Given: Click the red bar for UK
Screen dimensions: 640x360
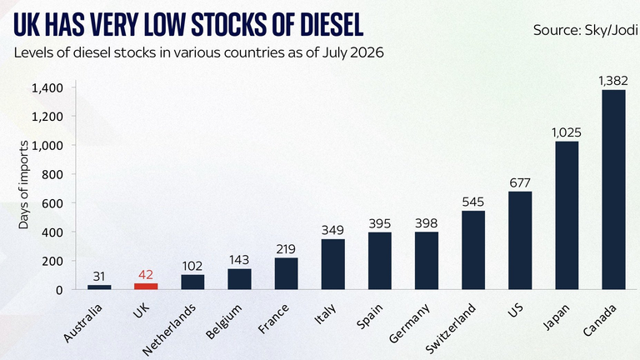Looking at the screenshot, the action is point(146,286).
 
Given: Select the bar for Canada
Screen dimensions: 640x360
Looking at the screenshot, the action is point(613,190).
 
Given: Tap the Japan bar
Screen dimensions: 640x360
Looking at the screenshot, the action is point(567,216).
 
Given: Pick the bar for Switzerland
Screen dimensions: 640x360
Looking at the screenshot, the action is point(473,250).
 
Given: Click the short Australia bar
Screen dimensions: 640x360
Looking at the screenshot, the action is point(99,287).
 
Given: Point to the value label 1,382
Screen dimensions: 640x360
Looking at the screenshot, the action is point(613,81).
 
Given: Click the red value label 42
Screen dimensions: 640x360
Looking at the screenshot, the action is point(146,275).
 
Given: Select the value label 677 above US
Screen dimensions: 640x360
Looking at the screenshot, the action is point(520,182).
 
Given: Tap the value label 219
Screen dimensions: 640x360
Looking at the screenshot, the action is point(286,249).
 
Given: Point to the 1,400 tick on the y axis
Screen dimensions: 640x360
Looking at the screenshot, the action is point(47,88).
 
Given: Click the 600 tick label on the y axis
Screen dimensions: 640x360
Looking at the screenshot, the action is point(52,203).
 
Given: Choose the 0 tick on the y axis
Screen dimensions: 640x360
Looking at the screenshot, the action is point(60,290).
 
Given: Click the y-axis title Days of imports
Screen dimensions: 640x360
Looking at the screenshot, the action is point(23,184).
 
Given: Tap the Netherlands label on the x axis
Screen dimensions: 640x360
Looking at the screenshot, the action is point(169,330).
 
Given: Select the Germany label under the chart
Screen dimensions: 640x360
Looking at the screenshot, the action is point(409,323).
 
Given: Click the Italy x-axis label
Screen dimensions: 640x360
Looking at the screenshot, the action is point(325,314).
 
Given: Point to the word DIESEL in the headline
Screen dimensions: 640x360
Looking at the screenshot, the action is point(332,24).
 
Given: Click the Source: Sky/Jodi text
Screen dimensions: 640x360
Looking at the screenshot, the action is point(586,30).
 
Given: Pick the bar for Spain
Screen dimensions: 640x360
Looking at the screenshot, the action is point(380,261).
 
